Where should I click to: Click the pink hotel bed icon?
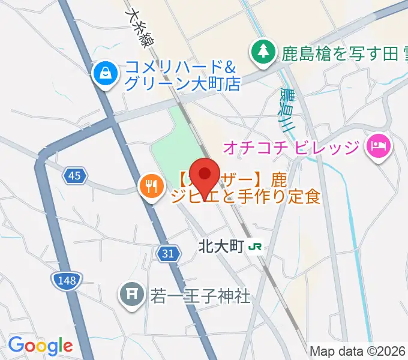[x=379, y=146]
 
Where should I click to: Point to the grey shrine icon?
[x=130, y=295]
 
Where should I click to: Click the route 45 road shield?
[x=74, y=176]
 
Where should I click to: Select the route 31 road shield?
[x=169, y=254]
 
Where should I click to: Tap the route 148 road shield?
[x=66, y=279]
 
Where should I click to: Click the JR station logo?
[x=256, y=246]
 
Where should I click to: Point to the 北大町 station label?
[x=221, y=246]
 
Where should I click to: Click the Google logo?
[x=40, y=345]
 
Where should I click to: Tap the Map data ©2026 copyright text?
[x=358, y=351]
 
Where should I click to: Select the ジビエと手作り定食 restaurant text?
[x=246, y=196]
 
